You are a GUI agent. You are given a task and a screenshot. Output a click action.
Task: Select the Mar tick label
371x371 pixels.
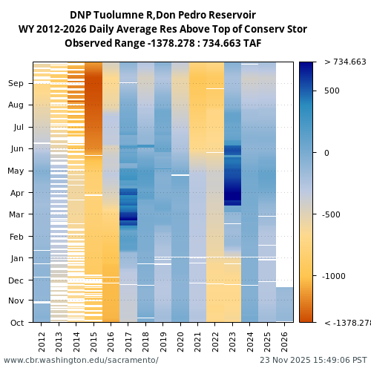[17, 215]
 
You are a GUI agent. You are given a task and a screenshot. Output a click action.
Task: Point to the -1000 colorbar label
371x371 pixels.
[335, 276]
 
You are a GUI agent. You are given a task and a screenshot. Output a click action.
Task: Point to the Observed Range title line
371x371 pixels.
[162, 44]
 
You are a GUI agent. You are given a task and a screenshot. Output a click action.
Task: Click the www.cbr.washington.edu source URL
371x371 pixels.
[81, 361]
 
